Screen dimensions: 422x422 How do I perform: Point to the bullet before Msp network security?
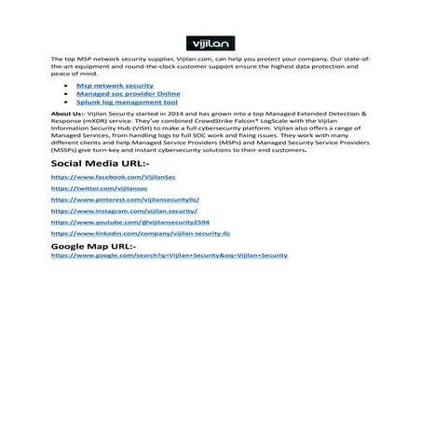tap(67, 85)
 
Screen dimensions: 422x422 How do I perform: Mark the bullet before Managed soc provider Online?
tap(67, 93)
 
